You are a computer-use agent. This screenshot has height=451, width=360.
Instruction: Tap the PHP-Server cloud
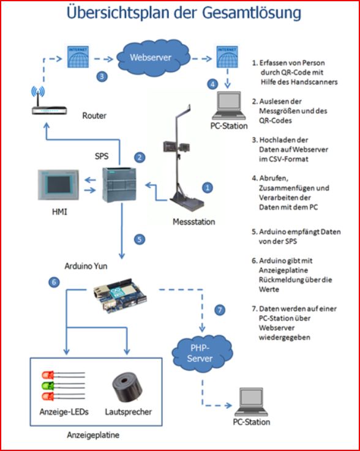point(202,354)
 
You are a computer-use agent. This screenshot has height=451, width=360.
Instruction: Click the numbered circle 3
point(102,76)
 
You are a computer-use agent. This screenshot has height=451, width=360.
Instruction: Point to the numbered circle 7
point(220,310)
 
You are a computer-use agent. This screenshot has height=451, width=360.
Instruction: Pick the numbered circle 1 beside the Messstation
point(207,188)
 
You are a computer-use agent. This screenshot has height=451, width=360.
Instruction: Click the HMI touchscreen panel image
point(58,185)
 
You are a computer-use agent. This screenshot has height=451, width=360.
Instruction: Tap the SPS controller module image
point(119,185)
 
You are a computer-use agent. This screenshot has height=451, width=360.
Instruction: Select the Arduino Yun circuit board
point(121,296)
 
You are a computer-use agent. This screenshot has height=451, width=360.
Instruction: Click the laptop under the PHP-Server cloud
point(251,402)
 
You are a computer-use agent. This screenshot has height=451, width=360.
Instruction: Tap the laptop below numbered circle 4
point(229,105)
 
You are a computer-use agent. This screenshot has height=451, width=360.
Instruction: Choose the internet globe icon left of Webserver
point(78,57)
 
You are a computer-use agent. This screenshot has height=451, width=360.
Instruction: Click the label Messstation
point(193,222)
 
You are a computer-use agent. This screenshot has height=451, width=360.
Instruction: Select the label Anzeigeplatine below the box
point(93,434)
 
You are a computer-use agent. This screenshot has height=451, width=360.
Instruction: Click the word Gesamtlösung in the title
point(252,13)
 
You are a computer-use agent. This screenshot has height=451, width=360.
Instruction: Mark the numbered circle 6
point(54,282)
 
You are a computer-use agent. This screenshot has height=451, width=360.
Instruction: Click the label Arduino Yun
point(86,266)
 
